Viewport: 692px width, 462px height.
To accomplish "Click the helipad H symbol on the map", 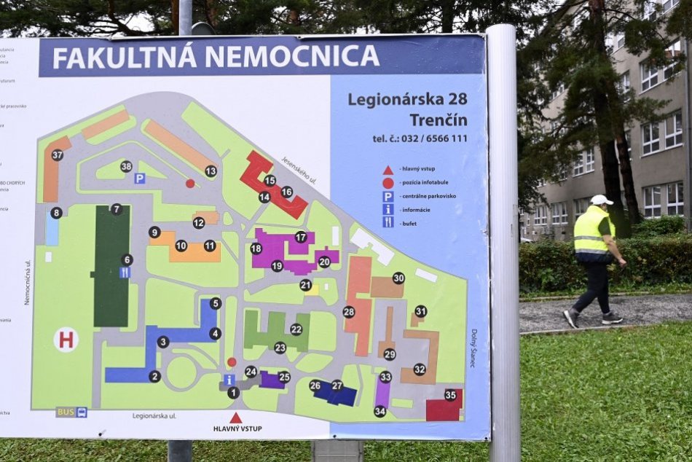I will pos(66,340).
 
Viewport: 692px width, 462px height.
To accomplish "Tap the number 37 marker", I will pos(57,154).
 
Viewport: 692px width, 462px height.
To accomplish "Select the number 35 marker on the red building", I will pos(450,395).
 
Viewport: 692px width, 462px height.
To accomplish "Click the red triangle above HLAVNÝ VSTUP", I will pos(236,418).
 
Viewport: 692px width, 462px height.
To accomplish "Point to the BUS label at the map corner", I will pos(66,412).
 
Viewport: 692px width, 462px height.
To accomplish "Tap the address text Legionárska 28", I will pos(407,98).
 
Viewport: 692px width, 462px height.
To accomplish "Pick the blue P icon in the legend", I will pos(388,196).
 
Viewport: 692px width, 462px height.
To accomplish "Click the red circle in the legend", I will pos(388,183).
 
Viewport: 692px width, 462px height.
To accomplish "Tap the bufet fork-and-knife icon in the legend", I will pos(388,222).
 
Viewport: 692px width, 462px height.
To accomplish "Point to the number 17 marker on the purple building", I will pos(301,237).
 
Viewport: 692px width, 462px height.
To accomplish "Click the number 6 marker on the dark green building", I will pos(127,259).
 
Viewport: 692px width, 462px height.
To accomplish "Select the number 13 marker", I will pos(211,171).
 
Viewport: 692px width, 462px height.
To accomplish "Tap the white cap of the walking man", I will pos(602,200).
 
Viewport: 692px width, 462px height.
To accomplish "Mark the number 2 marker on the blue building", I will pos(154,377).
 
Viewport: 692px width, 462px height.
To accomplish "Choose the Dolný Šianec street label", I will pos(474,348).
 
